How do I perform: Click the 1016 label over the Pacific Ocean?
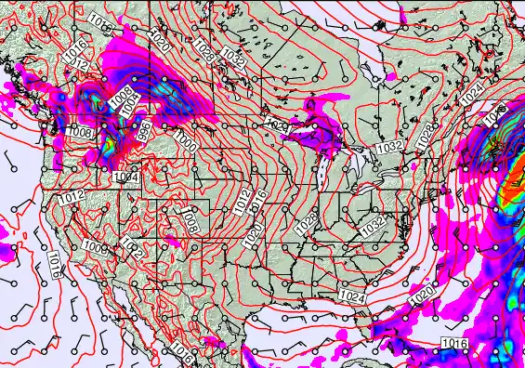coord(54,264)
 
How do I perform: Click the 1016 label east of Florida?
coord(454,345)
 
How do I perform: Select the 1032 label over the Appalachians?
coord(374,225)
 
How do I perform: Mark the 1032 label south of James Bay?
coord(388,147)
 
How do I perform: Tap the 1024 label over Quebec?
coord(471,94)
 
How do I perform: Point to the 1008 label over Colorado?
coord(190,222)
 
